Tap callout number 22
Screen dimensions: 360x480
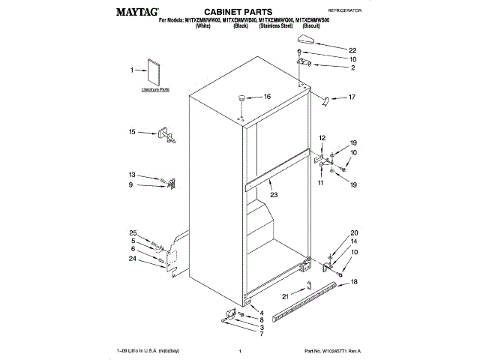[x=352, y=50]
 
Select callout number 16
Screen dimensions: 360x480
[x=266, y=97]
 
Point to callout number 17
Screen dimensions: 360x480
[x=352, y=97]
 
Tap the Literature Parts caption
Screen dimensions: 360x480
[x=155, y=89]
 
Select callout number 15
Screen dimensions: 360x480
[x=132, y=132]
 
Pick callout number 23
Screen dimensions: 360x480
[x=273, y=194]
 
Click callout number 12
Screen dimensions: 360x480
[x=322, y=139]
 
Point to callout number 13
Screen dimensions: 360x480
[x=132, y=175]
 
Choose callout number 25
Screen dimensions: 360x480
[x=132, y=233]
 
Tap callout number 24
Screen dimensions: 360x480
[x=132, y=259]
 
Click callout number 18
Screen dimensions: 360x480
[x=354, y=281]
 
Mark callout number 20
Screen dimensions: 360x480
[x=354, y=232]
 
